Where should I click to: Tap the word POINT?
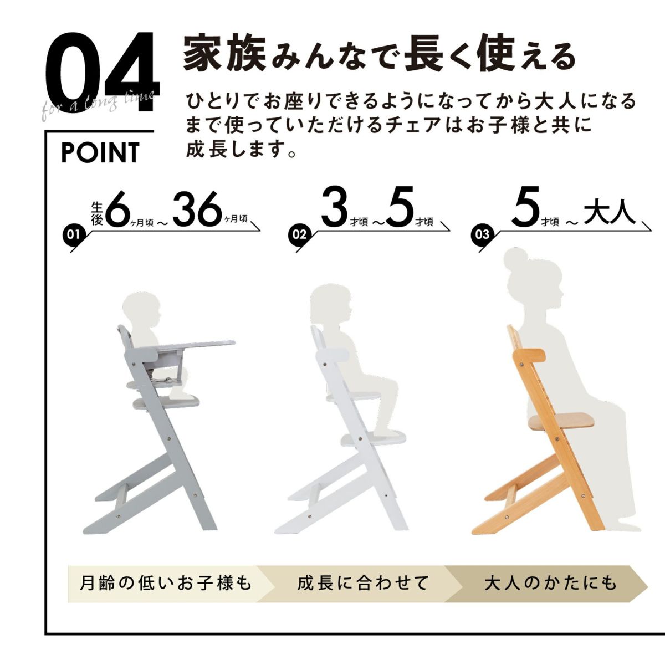tap(100, 152)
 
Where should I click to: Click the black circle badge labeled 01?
tap(73, 234)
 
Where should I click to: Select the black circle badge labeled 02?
tap(299, 234)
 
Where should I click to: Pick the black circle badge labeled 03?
tap(482, 234)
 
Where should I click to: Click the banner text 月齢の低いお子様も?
tap(166, 583)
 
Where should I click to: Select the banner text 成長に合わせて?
tap(362, 583)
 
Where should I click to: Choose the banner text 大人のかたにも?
tap(550, 583)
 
